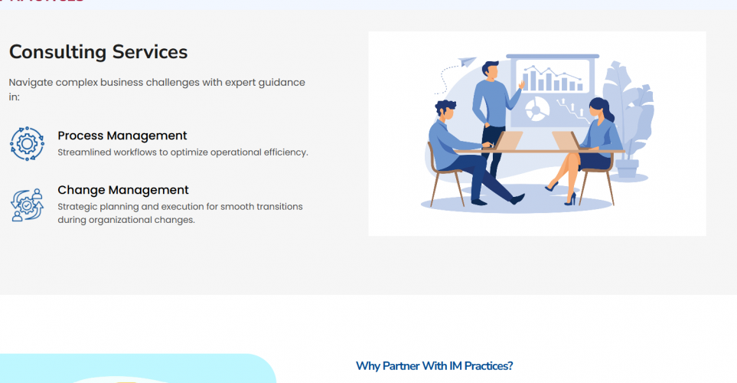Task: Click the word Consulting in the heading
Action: (57, 52)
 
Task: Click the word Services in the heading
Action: (150, 52)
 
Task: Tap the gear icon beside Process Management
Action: (27, 143)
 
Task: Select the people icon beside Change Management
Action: (27, 205)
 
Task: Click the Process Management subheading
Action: (122, 136)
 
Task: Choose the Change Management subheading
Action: (122, 190)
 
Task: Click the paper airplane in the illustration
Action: (466, 63)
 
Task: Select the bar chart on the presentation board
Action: (550, 78)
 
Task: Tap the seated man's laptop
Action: (509, 141)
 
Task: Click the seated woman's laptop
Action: (565, 141)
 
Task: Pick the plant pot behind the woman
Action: (628, 168)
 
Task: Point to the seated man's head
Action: (445, 109)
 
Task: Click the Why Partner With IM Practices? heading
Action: (434, 366)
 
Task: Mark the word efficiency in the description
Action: (283, 152)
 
